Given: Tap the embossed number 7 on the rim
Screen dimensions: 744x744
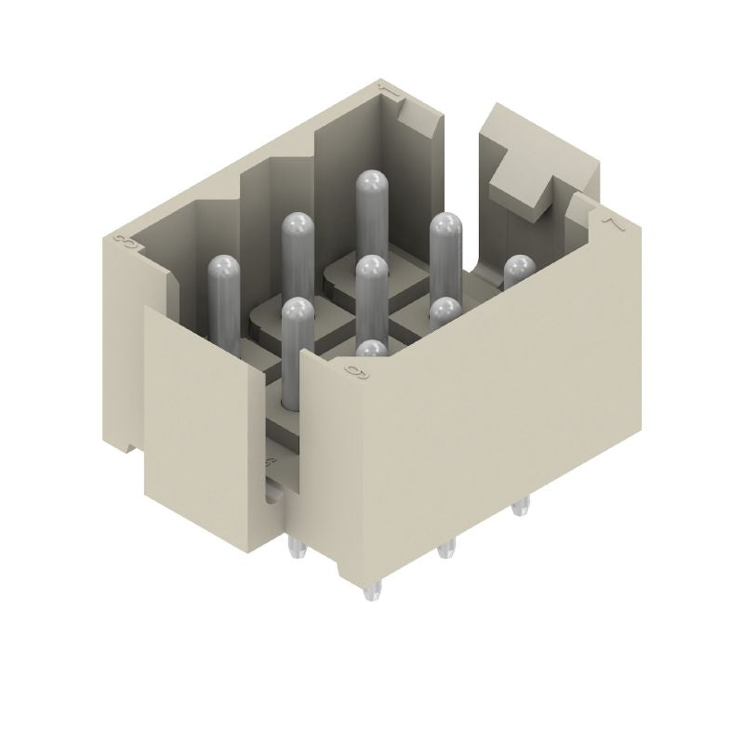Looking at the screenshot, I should (611, 222).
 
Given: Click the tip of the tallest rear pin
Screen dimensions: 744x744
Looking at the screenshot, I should (371, 181).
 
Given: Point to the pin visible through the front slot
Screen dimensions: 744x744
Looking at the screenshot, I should (296, 312).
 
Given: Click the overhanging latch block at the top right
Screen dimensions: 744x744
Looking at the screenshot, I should (521, 167).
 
